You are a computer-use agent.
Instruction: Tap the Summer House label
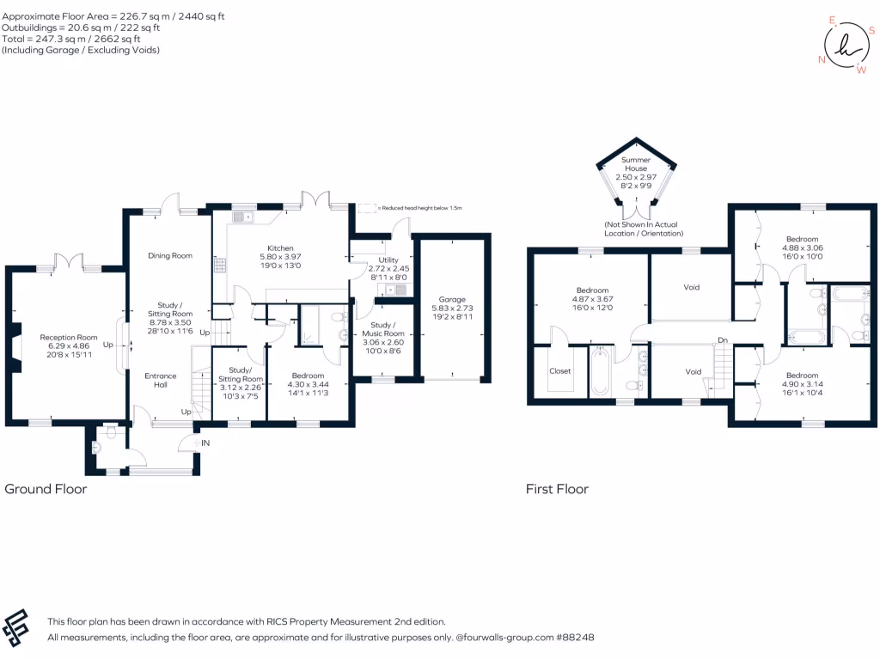point(636,164)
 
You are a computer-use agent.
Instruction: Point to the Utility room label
point(388,260)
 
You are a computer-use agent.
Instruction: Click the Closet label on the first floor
point(559,371)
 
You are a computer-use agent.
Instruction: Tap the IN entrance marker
point(205,443)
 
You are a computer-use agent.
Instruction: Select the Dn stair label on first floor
point(724,341)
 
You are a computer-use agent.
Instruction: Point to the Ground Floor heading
point(46,489)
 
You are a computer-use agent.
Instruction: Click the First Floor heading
point(557,489)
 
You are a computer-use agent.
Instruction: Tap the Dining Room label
point(169,256)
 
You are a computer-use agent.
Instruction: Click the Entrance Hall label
point(160,380)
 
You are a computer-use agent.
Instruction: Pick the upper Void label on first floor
point(691,287)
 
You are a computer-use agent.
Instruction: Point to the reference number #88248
point(574,638)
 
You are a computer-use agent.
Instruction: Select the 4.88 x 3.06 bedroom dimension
point(801,247)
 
